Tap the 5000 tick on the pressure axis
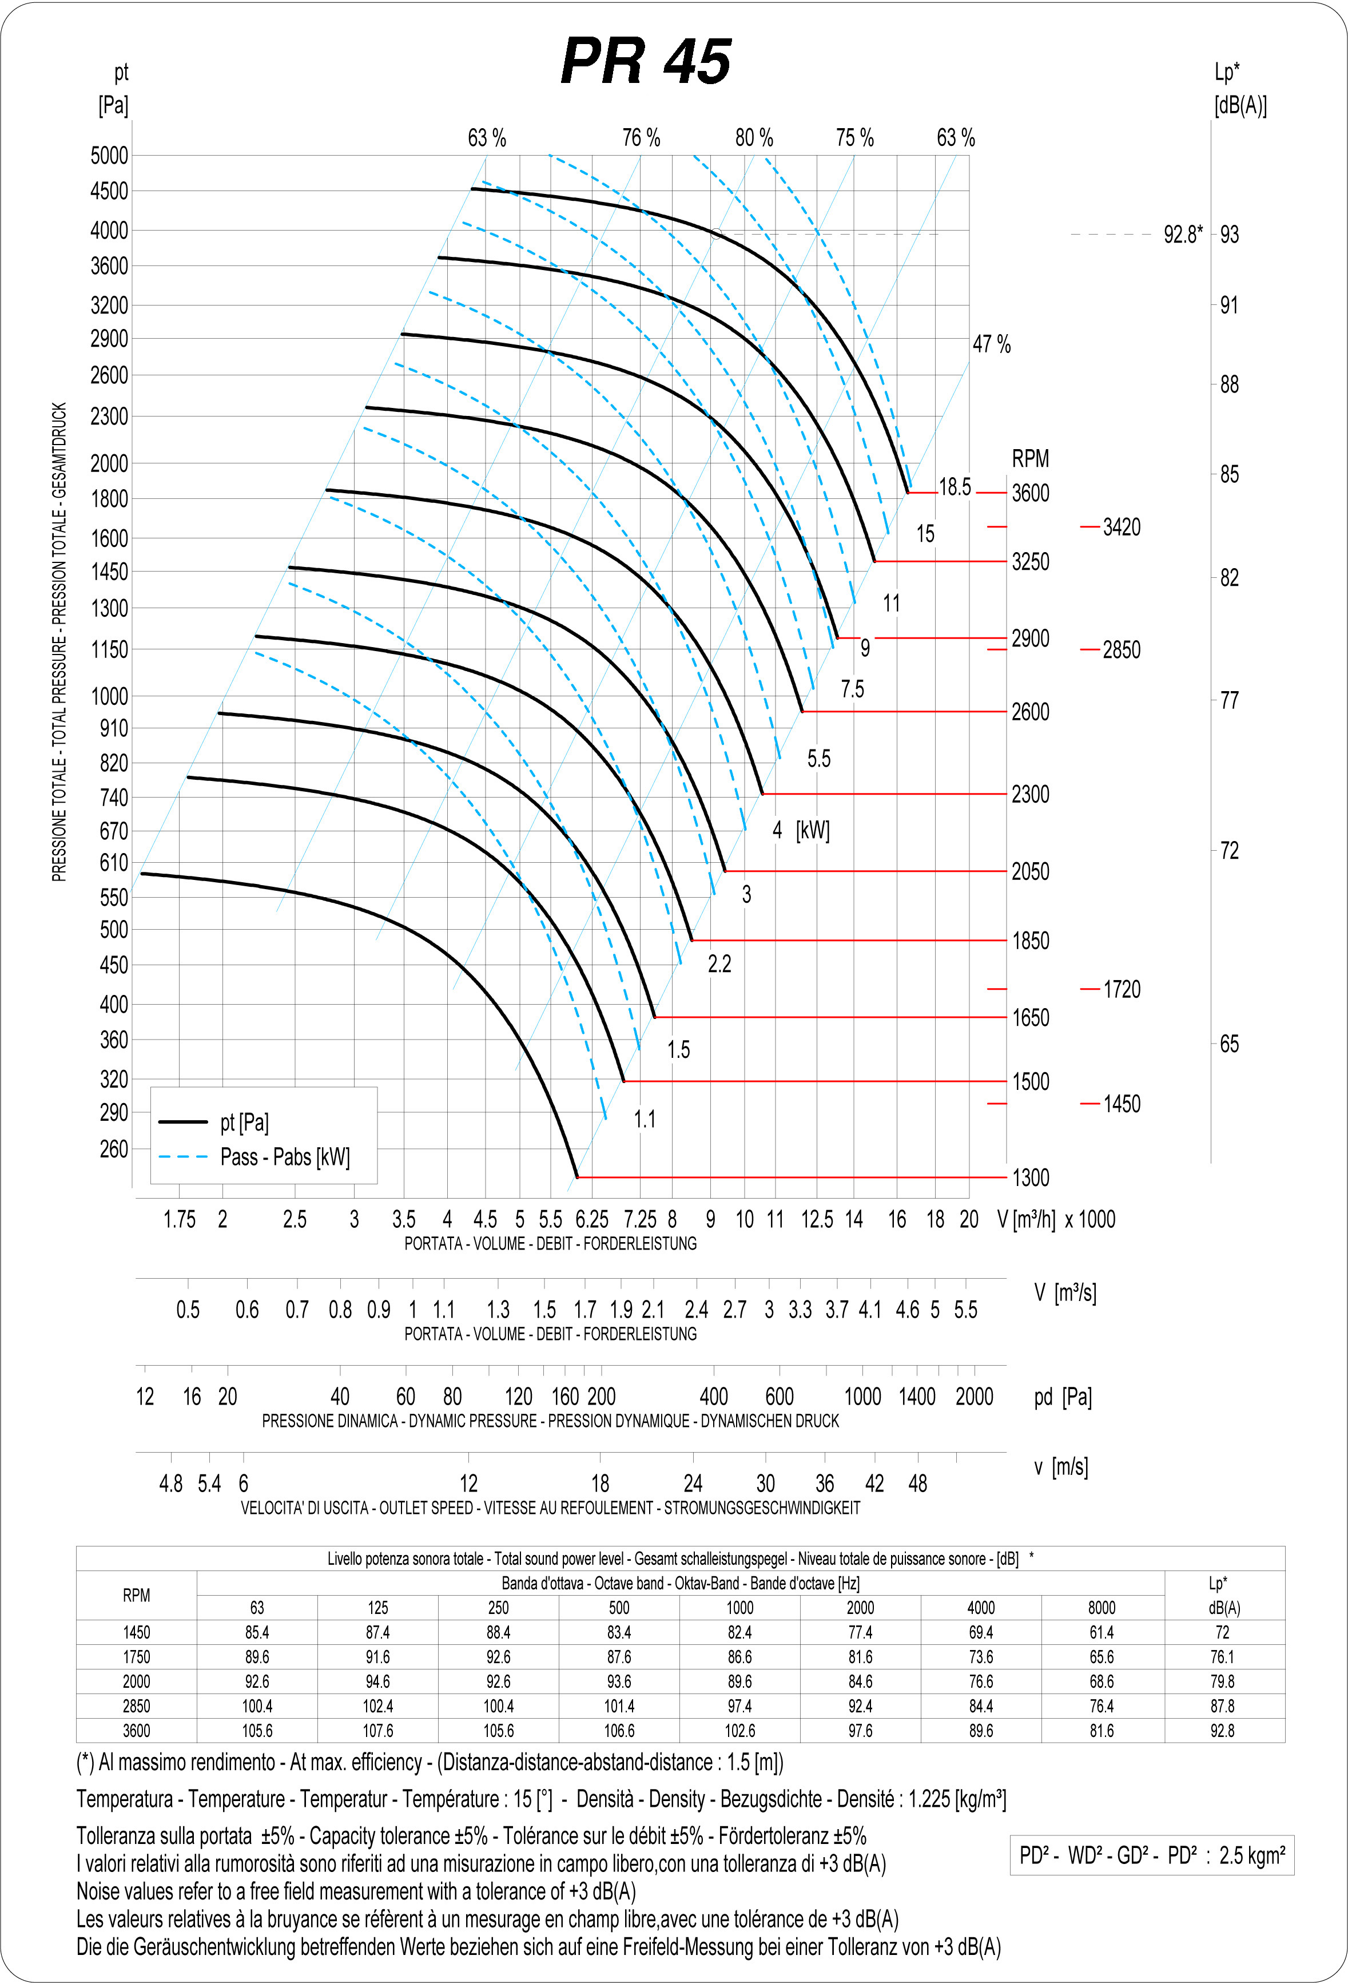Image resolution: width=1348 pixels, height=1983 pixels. point(109,155)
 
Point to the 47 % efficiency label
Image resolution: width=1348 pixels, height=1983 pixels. point(991,345)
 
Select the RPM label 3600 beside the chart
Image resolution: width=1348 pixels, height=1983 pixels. point(1030,493)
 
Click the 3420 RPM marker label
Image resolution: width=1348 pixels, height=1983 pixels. point(1121,528)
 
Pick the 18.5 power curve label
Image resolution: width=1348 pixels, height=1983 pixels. point(955,487)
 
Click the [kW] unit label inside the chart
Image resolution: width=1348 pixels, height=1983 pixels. point(812,830)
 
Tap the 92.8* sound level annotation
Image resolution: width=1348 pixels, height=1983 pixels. point(1183,235)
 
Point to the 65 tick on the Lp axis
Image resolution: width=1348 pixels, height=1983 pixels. point(1228,1044)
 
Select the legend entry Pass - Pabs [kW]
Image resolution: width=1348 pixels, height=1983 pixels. point(285,1157)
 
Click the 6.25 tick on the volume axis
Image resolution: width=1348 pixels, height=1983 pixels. point(592,1219)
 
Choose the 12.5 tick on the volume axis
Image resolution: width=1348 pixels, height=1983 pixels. point(817,1219)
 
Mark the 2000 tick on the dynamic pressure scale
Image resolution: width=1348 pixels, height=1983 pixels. point(975,1397)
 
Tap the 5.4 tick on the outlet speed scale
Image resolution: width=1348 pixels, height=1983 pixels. point(209,1484)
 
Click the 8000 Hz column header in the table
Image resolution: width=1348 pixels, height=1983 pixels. point(1102,1608)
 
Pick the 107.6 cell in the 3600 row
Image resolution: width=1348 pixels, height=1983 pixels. point(378,1731)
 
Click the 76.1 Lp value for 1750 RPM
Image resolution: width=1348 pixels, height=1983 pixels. point(1223,1656)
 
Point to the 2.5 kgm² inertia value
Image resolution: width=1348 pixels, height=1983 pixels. point(1251,1855)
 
